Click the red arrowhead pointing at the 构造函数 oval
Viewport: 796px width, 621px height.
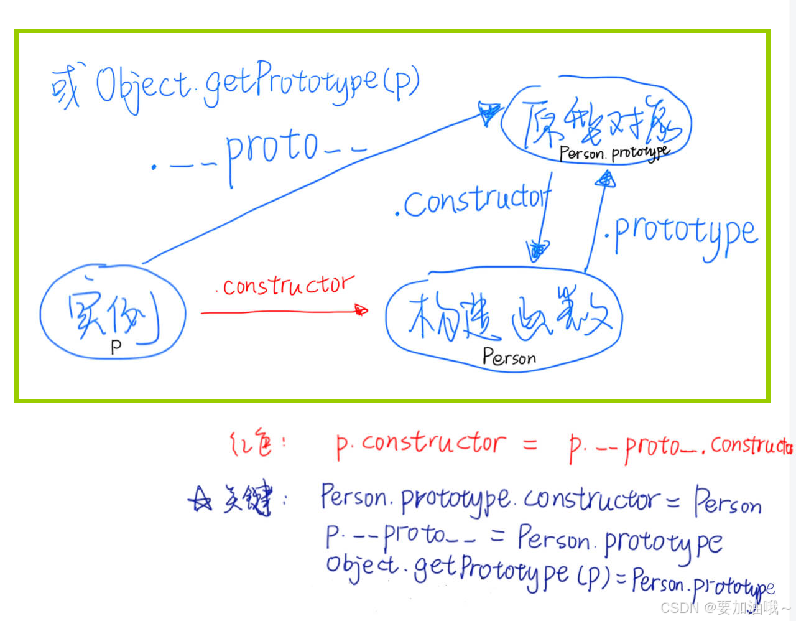pos(361,310)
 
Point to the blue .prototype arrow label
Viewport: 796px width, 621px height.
pos(682,233)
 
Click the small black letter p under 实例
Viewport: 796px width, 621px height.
pos(116,347)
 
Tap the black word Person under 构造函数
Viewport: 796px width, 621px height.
pos(509,357)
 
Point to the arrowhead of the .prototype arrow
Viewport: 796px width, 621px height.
pos(604,180)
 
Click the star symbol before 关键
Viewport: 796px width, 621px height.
pos(201,499)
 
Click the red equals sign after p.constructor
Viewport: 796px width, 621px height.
pos(530,444)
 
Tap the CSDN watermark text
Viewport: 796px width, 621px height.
pos(725,607)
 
